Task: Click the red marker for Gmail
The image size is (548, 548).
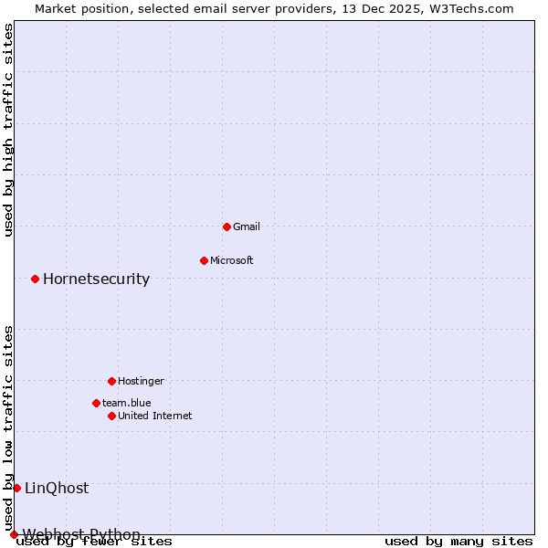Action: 227,227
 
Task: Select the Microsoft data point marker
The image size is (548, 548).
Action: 204,260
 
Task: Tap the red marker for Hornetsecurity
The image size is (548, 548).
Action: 35,279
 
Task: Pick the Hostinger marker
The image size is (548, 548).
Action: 111,381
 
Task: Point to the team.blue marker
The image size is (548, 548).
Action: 96,403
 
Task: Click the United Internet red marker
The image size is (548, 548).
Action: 111,416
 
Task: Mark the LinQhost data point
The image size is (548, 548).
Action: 16,488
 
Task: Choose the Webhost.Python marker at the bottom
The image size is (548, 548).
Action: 14,534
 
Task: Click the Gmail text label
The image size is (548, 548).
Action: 247,227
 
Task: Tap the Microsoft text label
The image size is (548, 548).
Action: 232,260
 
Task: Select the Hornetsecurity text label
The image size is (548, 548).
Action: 96,279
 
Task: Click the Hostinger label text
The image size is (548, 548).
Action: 141,381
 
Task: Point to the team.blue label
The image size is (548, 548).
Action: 127,403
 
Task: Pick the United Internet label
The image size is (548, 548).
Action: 155,416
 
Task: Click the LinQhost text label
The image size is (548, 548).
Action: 57,488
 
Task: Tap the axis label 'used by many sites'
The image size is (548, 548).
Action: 458,541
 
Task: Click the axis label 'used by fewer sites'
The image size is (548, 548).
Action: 95,541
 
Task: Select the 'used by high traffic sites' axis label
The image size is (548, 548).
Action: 9,130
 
